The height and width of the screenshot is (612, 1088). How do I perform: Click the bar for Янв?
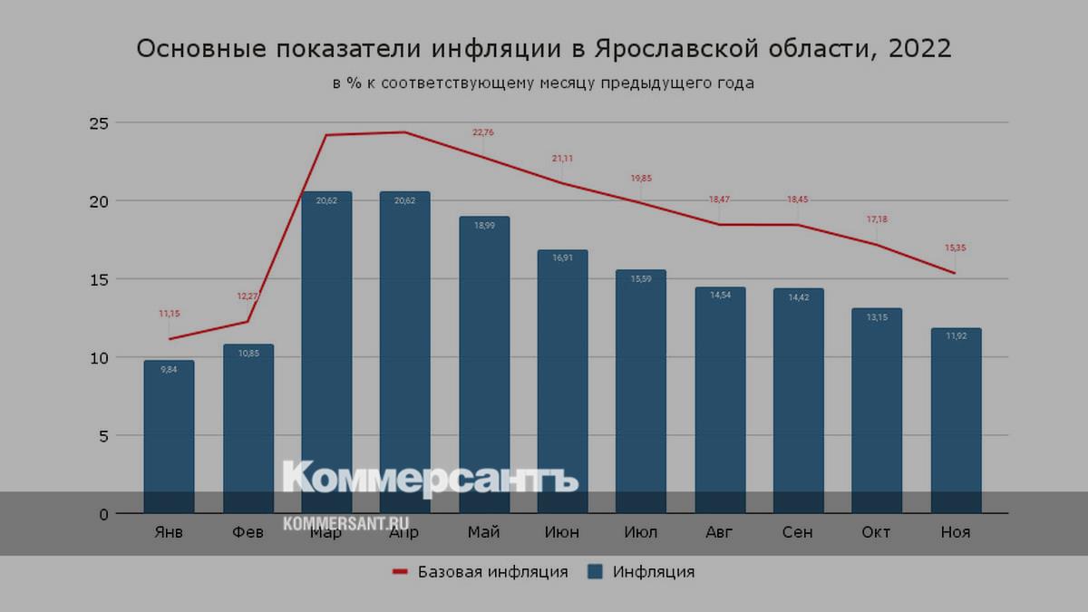(x=169, y=435)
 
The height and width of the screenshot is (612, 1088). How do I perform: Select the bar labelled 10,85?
(x=248, y=426)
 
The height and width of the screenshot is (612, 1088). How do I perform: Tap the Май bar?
(x=484, y=363)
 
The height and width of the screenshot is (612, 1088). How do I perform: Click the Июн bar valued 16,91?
(x=562, y=381)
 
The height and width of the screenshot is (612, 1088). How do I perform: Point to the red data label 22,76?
(x=483, y=132)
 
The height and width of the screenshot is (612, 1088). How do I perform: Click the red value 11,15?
(x=169, y=314)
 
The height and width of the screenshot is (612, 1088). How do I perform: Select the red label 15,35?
(x=956, y=248)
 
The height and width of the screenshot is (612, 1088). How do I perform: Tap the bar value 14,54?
(x=720, y=295)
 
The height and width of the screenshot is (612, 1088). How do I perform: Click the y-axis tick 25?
(x=99, y=122)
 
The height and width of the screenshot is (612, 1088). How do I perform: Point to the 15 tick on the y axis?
(x=99, y=279)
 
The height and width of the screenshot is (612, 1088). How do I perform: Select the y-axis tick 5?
(x=103, y=436)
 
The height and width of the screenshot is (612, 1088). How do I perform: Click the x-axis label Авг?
(x=720, y=532)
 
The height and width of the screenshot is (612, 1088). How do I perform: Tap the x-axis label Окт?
(x=877, y=532)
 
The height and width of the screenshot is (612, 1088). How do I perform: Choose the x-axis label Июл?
(x=641, y=532)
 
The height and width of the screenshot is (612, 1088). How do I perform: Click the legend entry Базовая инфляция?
(x=492, y=572)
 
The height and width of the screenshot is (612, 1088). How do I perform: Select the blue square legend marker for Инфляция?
(x=595, y=572)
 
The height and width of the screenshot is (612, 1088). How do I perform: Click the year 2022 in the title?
(x=920, y=49)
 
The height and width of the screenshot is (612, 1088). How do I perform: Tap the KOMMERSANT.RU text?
(x=345, y=524)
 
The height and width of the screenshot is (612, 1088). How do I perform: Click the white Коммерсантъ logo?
(x=430, y=478)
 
